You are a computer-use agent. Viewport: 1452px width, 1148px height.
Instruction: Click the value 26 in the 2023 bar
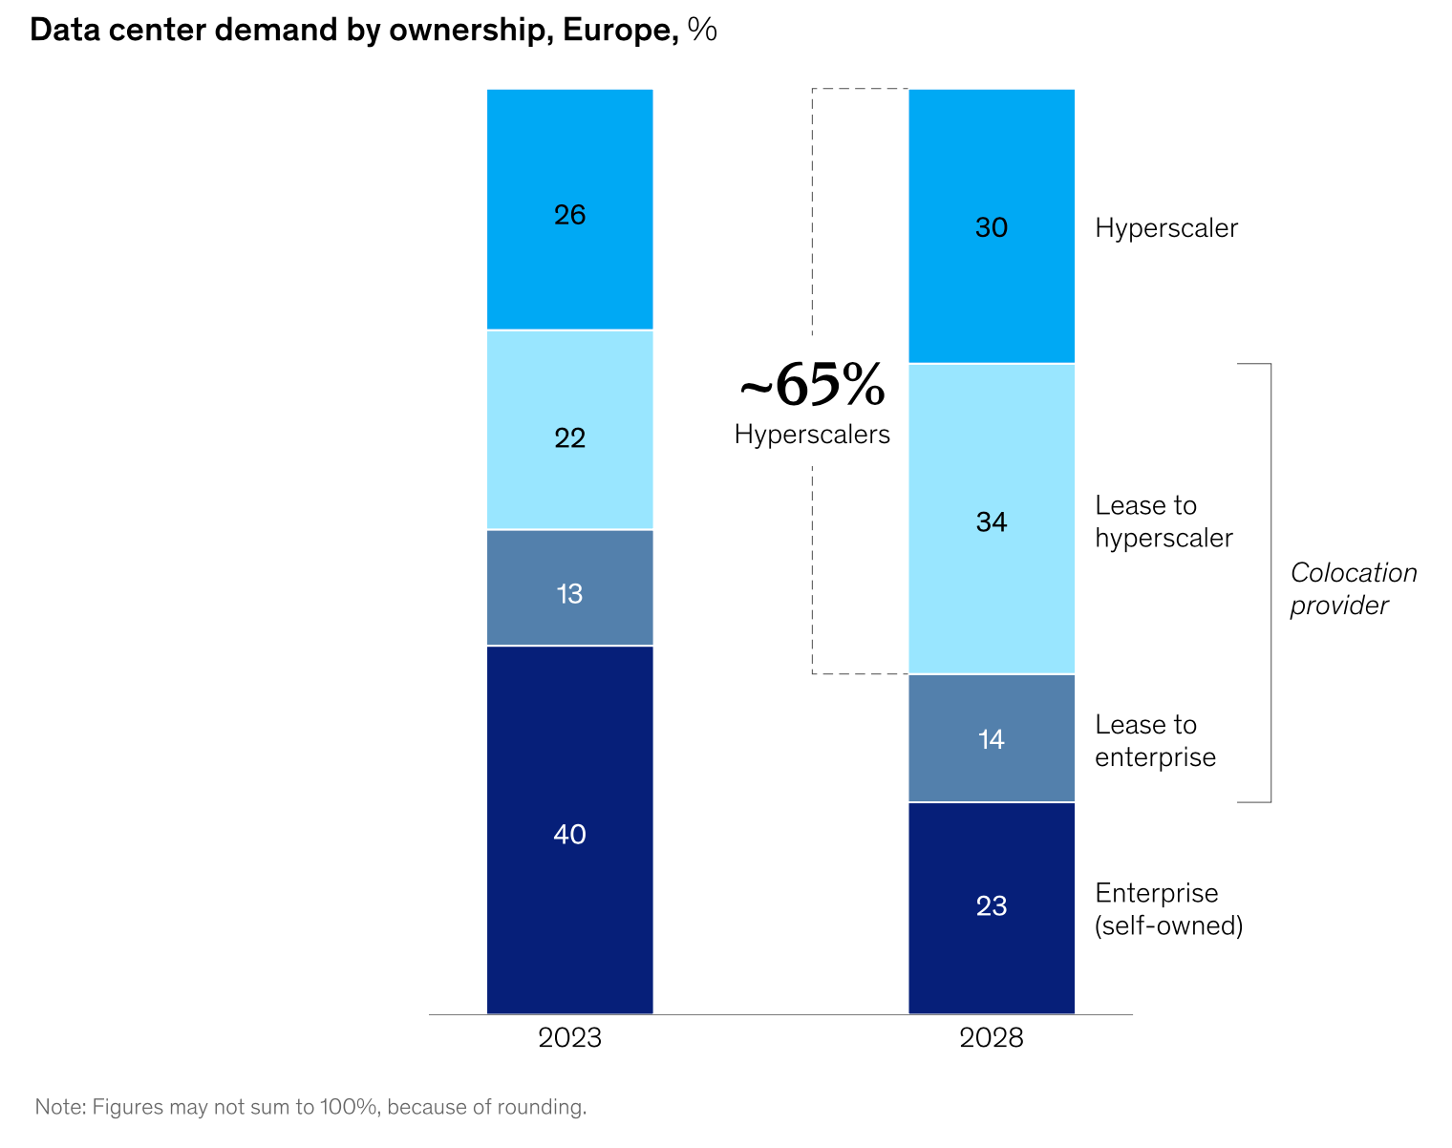[569, 215]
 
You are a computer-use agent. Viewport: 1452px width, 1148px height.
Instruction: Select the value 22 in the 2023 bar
[569, 438]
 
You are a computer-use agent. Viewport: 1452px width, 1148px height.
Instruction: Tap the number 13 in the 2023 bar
[569, 594]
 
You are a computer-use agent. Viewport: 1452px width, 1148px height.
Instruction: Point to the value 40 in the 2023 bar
[569, 835]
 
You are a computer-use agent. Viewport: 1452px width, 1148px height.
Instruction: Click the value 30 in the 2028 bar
[991, 227]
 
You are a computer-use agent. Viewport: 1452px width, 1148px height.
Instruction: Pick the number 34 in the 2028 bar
[991, 521]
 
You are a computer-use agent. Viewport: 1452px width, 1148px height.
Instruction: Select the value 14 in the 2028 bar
[991, 739]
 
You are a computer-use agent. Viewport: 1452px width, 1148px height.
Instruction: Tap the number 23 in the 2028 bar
[991, 905]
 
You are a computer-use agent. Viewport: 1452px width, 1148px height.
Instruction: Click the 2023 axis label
[569, 1038]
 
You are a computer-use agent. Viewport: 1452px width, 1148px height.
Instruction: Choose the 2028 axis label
[991, 1038]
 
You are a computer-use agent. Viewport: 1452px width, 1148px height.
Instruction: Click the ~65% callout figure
[812, 386]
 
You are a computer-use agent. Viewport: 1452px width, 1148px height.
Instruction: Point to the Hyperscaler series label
[1165, 228]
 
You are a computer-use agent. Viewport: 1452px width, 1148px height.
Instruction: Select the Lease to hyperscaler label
[1163, 521]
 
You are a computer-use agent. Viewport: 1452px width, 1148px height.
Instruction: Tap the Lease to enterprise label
[1154, 741]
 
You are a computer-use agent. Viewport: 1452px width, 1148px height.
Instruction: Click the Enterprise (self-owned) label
[1168, 909]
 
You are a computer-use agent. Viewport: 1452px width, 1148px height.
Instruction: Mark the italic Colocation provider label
[1353, 588]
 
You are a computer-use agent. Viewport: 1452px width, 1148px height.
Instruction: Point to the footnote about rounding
[310, 1107]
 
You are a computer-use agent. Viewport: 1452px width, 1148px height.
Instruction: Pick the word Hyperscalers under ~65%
[812, 435]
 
